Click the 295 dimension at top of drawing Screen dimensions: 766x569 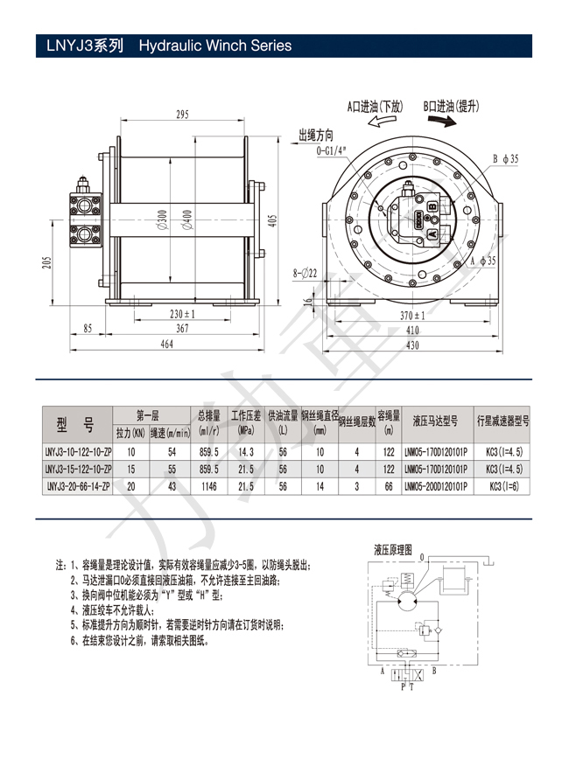coord(182,115)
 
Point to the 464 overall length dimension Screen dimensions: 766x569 coord(166,345)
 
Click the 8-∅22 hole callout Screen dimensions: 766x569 coord(303,274)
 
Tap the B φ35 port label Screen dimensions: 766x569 coord(505,158)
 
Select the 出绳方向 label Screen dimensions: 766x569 coord(316,136)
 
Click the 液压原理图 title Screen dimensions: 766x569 coord(392,550)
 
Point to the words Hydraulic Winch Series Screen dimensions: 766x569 coord(214,45)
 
